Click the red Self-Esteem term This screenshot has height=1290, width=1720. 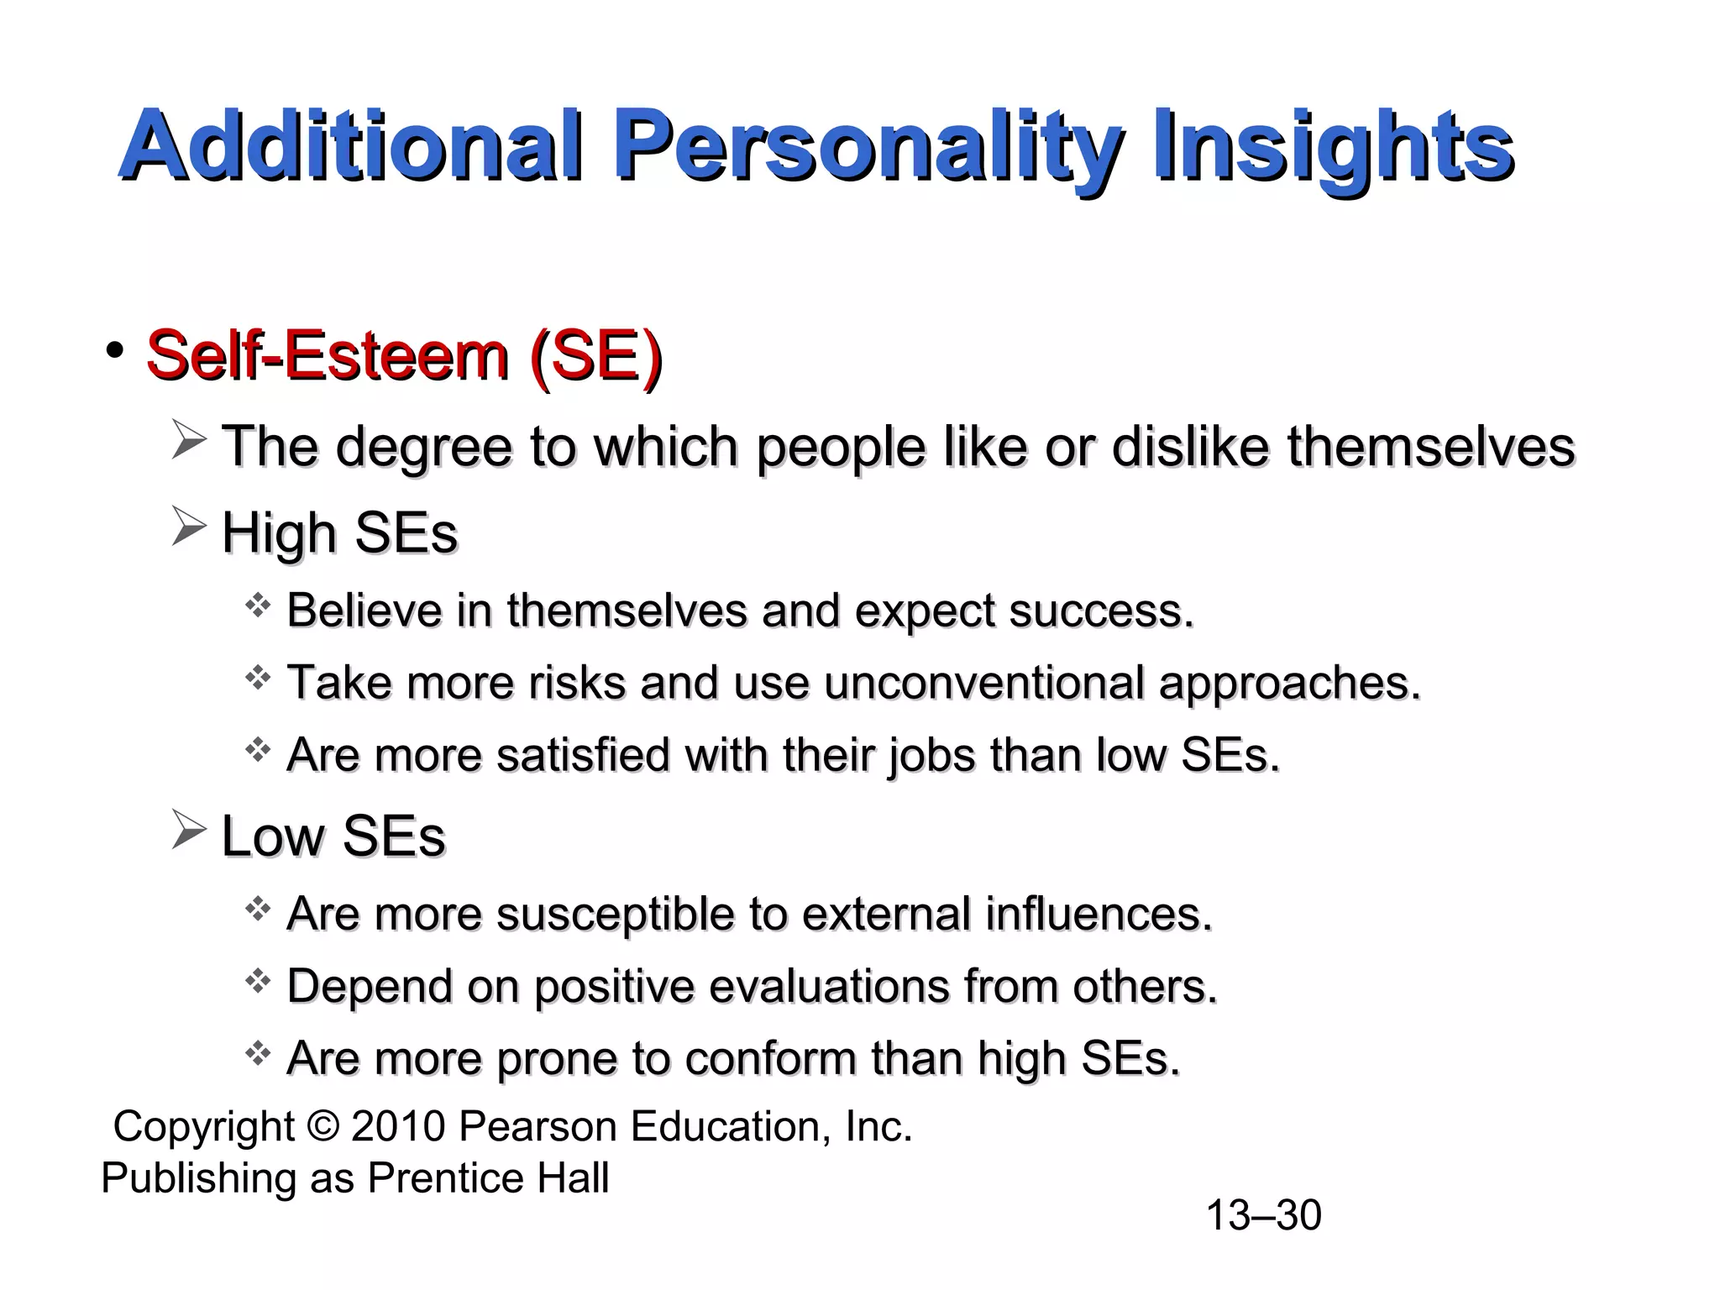tap(328, 356)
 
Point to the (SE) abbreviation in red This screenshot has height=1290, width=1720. tap(595, 356)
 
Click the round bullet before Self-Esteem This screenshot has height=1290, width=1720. tap(115, 350)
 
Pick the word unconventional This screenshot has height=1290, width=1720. tap(983, 682)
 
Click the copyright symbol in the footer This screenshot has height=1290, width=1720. tap(322, 1127)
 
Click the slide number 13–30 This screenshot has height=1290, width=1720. tap(1263, 1215)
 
